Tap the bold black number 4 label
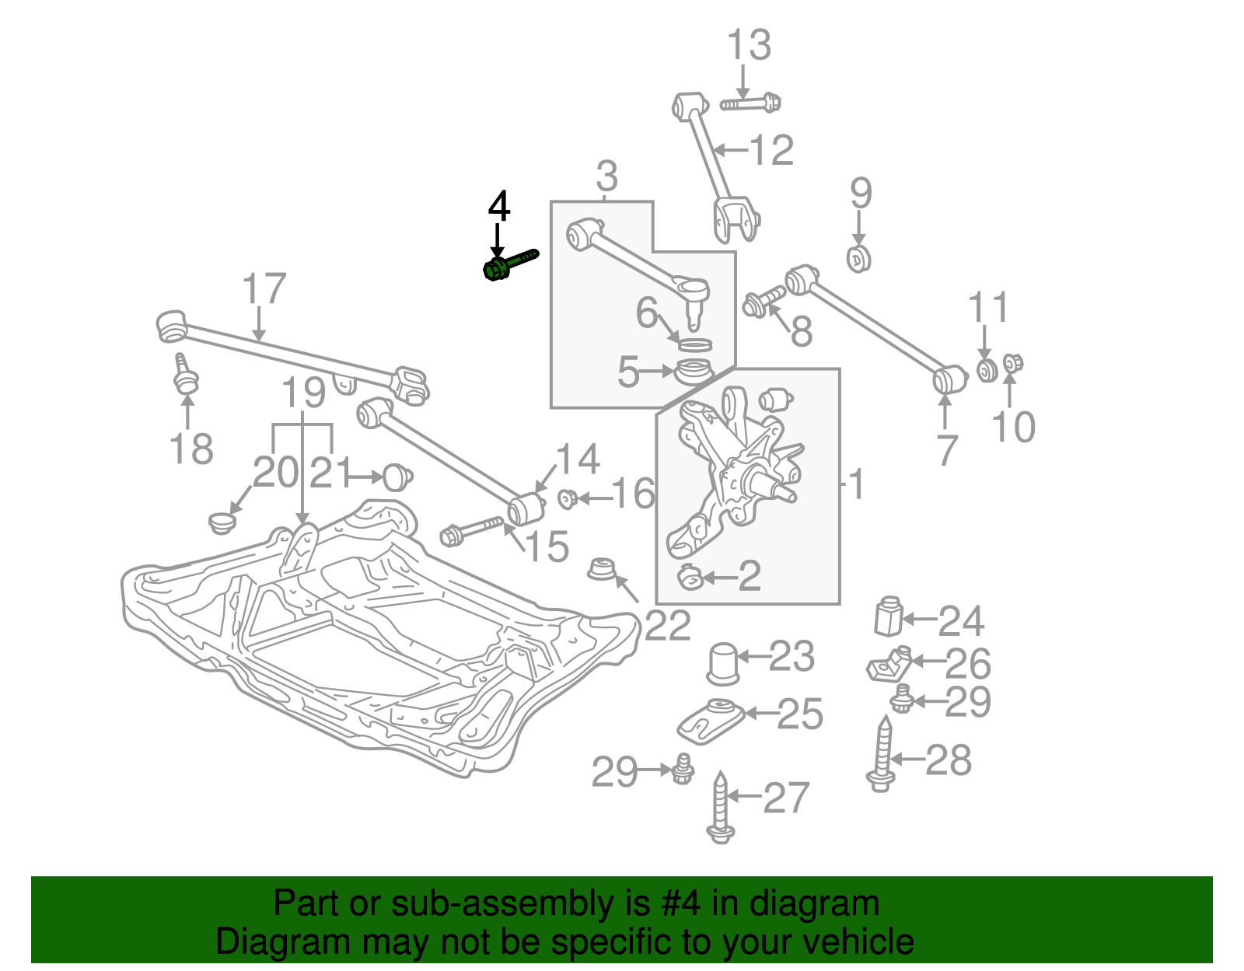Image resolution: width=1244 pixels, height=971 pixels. (x=498, y=207)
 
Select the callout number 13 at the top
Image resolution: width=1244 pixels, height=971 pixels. (x=749, y=45)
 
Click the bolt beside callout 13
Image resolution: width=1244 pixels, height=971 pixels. (x=750, y=103)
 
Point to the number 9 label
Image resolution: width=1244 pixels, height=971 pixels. (x=860, y=193)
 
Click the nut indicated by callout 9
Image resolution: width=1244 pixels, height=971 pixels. (x=858, y=258)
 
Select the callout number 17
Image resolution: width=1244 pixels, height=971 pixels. (x=264, y=289)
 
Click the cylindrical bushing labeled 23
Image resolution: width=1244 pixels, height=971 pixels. (x=722, y=663)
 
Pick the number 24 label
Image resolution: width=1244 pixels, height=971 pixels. (x=961, y=621)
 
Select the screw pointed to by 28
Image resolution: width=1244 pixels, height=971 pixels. (x=882, y=754)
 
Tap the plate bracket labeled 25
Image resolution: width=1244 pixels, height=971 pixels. (x=709, y=720)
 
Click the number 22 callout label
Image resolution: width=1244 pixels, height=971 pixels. (x=668, y=626)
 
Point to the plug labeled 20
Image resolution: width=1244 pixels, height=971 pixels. (x=222, y=522)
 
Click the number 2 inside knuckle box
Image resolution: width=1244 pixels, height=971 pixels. (x=750, y=576)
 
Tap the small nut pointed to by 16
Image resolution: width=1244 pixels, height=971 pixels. (x=567, y=498)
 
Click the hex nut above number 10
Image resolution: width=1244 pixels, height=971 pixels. (x=1012, y=362)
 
